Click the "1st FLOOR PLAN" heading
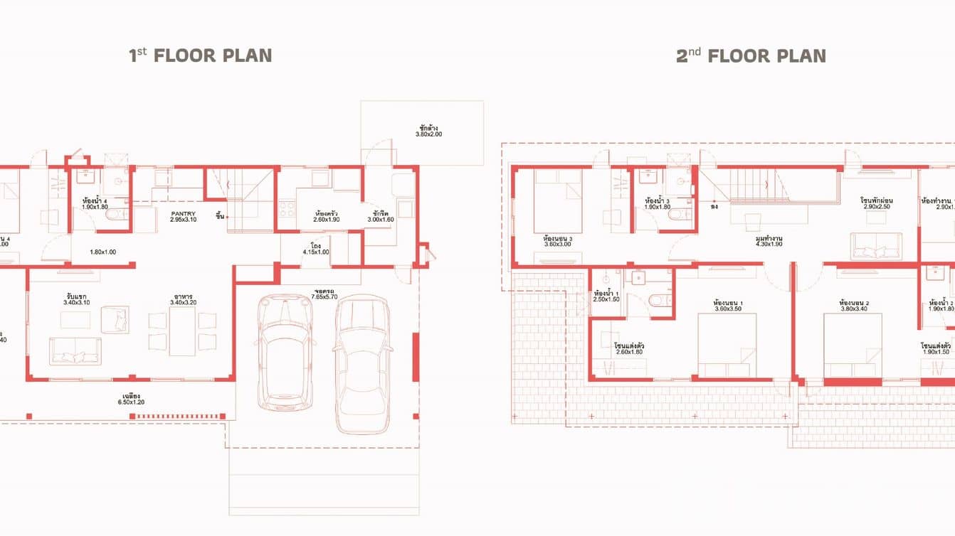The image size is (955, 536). point(200,55)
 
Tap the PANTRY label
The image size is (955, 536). point(183,213)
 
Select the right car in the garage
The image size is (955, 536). point(362,363)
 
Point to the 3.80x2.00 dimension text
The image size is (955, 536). point(428,134)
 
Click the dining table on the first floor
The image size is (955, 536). point(182,331)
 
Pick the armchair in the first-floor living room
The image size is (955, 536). point(114,319)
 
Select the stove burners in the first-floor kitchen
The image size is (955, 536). point(287,209)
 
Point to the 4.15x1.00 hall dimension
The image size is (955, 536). point(316,252)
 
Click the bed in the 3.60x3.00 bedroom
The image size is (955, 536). point(558,201)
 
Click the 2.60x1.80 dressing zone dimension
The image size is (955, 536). point(628,352)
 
